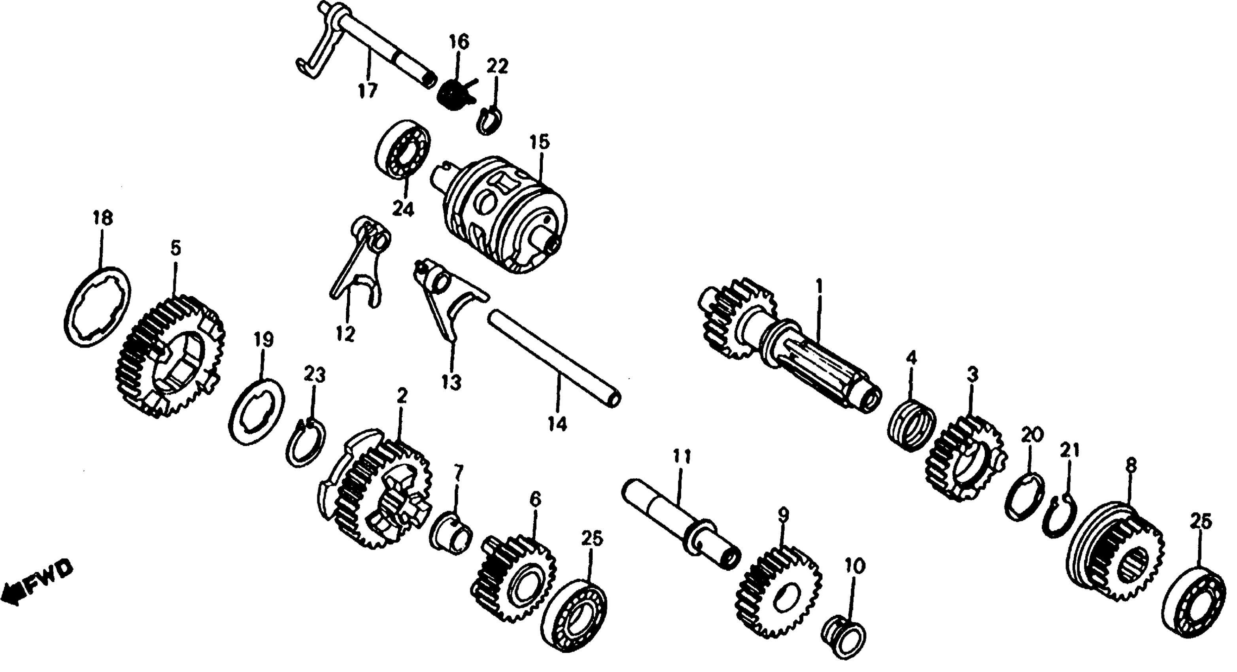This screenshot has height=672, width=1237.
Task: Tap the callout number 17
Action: [368, 91]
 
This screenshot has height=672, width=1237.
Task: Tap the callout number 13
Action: [451, 383]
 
